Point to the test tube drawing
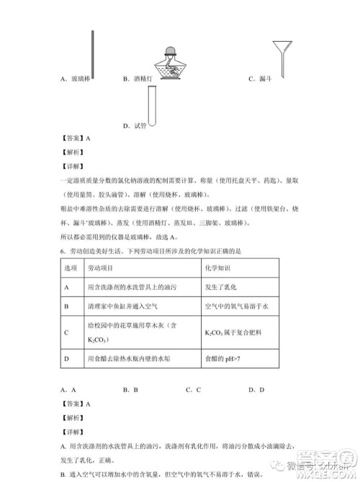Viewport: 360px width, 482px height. click(x=152, y=105)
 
